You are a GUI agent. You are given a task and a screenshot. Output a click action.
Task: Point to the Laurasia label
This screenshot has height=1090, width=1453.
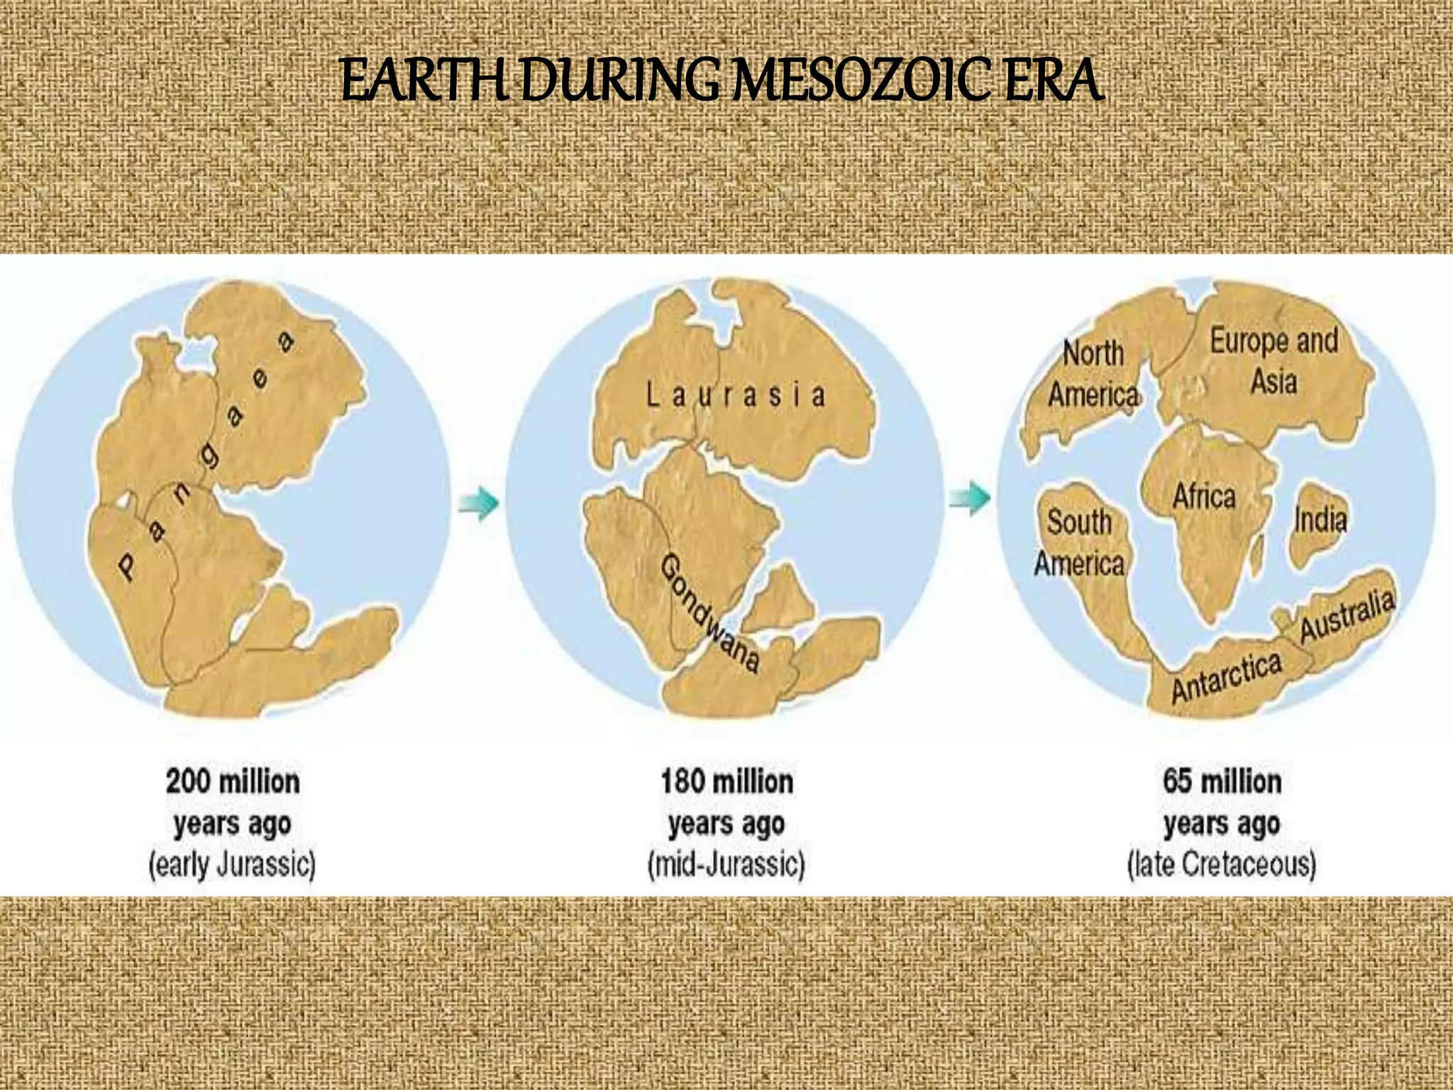(736, 395)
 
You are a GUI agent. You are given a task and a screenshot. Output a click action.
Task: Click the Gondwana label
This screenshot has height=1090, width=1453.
(710, 615)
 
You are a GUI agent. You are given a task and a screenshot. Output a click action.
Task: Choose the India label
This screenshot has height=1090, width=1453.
(1320, 519)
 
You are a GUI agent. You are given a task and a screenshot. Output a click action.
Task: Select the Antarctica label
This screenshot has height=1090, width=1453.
(1227, 676)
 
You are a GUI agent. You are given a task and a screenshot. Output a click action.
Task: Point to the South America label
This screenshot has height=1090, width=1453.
(1080, 543)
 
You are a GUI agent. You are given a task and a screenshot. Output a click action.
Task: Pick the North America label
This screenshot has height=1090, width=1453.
(1093, 374)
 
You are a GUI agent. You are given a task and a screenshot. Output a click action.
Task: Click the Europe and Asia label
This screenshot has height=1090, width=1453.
(1274, 360)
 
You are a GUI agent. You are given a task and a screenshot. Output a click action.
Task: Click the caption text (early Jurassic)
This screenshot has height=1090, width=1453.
(232, 865)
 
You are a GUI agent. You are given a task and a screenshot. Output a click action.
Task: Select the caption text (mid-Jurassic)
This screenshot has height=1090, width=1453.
(726, 865)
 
